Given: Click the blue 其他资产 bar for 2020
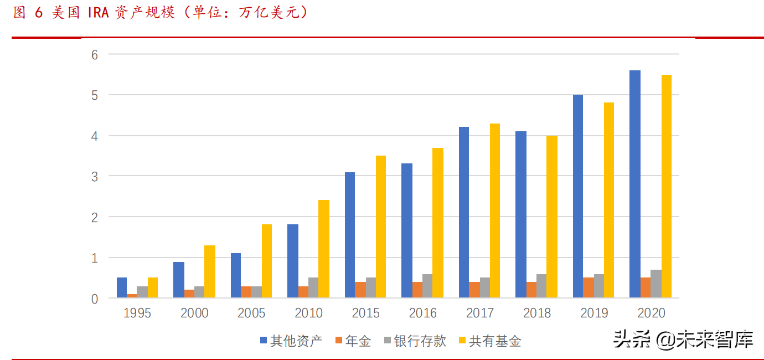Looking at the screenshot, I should point(634,184).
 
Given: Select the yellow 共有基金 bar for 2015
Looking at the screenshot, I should point(380,227).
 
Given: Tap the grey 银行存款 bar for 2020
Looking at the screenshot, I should point(655,284).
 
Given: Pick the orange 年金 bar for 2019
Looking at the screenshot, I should point(588,288).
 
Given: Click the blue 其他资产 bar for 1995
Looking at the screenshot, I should point(122,288).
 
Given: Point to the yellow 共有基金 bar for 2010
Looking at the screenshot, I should point(323,249).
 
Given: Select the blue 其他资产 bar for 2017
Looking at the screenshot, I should point(464,213).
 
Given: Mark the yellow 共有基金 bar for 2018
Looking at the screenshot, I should point(551,217).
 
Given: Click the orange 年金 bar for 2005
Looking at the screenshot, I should point(246,292).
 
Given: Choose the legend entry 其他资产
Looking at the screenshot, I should point(291,341).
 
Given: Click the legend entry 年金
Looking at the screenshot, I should point(353,341).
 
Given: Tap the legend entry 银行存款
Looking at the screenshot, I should point(415,341).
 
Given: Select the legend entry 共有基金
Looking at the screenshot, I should point(490,341).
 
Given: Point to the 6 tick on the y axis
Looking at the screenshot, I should point(95,55).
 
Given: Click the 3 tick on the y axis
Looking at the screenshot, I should point(95,177).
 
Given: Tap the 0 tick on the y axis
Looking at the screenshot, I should point(95,299).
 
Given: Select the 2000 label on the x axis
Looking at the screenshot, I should point(194,313).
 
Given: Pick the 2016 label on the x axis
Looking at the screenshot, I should point(423,313).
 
